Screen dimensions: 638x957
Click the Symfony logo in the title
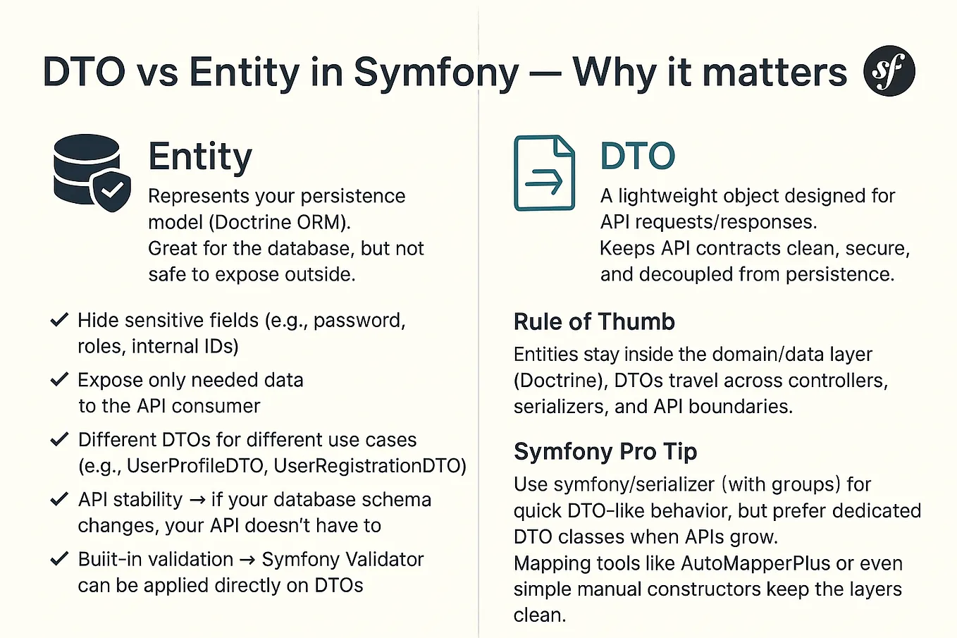[889, 71]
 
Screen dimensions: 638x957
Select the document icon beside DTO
[544, 173]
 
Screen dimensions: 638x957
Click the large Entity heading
[200, 157]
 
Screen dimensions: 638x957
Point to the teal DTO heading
[637, 157]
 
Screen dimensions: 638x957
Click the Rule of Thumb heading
[594, 321]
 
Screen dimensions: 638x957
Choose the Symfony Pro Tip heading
[605, 451]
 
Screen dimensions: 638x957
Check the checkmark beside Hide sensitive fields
[59, 320]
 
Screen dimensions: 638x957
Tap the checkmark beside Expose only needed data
[59, 380]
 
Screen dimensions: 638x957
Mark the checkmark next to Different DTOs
[59, 439]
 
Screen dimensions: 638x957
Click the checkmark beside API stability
[59, 499]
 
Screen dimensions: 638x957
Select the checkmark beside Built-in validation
[59, 559]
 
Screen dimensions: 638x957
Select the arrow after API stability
[197, 500]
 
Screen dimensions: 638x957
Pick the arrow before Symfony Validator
[247, 560]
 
